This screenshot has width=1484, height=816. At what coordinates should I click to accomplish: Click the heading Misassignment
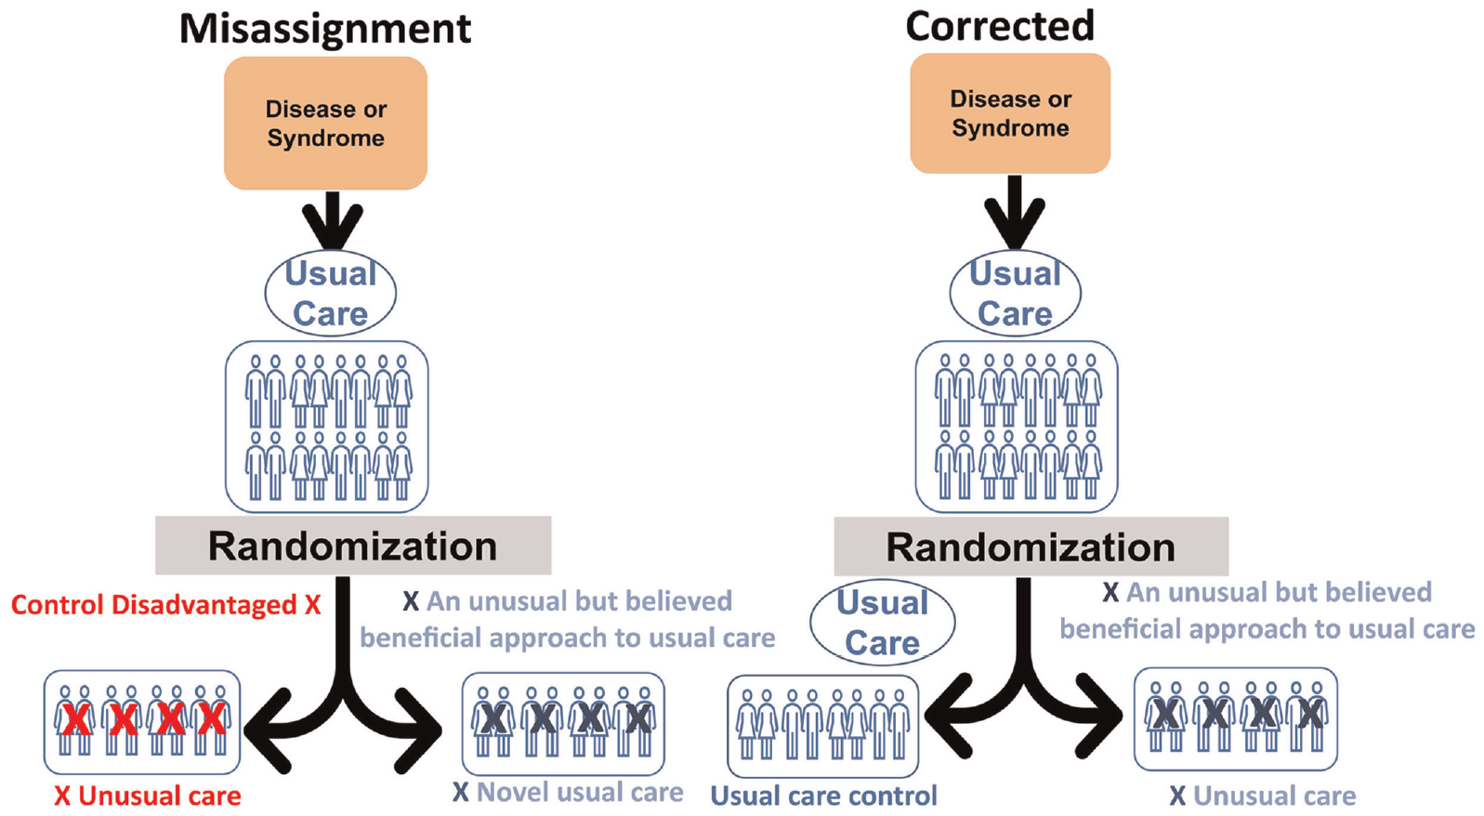[x=324, y=30]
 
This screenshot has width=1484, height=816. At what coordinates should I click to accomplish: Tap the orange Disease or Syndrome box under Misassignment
[x=325, y=124]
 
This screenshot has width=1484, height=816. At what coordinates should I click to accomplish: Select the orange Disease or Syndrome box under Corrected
[x=1010, y=113]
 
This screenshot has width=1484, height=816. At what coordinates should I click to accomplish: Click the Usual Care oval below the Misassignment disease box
[x=331, y=293]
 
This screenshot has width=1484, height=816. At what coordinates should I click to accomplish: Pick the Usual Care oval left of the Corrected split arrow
[x=883, y=623]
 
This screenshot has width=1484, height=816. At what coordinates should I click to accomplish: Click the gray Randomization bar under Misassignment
[x=353, y=546]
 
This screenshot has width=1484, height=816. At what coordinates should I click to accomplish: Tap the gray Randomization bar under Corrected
[x=1031, y=546]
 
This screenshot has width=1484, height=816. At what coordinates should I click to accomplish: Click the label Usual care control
[x=823, y=796]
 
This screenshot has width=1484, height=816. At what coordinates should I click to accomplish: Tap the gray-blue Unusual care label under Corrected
[x=1274, y=796]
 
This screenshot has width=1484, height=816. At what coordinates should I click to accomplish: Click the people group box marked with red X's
[x=142, y=722]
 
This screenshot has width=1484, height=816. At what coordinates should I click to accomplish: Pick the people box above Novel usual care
[x=563, y=724]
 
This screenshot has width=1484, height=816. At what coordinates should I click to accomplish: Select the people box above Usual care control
[x=822, y=727]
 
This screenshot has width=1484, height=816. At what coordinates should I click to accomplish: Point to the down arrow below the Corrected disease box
[x=1015, y=212]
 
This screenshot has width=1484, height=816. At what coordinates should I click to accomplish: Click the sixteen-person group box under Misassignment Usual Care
[x=326, y=428]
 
